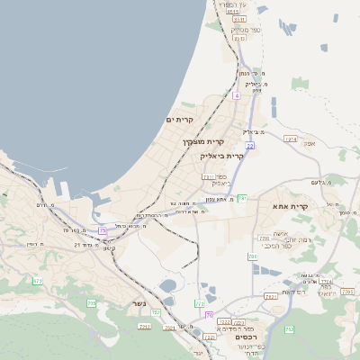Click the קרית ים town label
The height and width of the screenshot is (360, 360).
point(180,119)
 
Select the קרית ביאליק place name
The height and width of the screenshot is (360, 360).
point(221,156)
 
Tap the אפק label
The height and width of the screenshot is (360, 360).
point(310,143)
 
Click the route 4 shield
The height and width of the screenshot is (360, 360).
point(236,94)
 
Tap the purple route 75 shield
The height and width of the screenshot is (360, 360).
point(103,231)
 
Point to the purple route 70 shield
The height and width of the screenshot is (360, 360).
point(209,314)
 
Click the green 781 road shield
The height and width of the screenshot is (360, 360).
point(241,198)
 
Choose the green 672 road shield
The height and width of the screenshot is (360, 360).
point(38,282)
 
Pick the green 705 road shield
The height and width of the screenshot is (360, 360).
point(91,303)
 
